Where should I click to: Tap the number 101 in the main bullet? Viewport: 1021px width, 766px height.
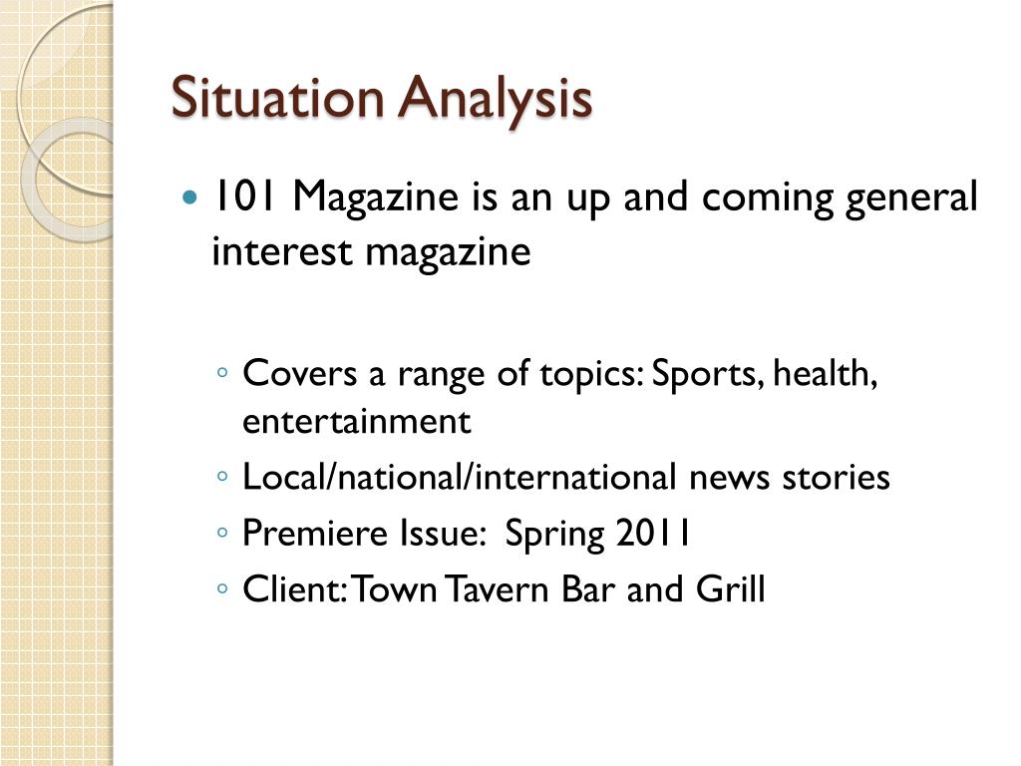[x=238, y=197]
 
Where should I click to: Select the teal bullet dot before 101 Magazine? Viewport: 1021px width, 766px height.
[x=191, y=197]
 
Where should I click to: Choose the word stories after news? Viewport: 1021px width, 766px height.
[x=836, y=478]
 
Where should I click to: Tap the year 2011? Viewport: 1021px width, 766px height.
[x=653, y=534]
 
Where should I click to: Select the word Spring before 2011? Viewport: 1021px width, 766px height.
[x=554, y=536]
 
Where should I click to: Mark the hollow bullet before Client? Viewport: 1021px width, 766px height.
[x=221, y=590]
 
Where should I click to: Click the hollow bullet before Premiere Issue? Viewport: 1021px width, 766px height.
[x=221, y=535]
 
